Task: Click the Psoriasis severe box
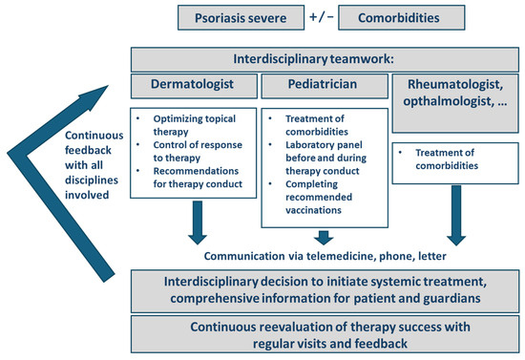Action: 241,18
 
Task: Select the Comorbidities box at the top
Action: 402,18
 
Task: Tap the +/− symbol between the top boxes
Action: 322,17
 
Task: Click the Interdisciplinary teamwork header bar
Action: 325,59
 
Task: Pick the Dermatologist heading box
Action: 194,86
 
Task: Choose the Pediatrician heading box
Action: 325,86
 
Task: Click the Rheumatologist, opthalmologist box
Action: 455,103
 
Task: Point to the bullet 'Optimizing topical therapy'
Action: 194,125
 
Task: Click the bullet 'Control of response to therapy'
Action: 198,151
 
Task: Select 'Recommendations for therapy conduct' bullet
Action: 198,178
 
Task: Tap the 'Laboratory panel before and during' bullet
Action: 325,158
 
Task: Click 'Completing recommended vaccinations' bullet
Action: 319,197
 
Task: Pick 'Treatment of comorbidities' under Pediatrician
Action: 316,125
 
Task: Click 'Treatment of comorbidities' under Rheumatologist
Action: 447,159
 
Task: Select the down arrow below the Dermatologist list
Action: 198,222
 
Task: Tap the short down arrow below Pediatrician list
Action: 324,238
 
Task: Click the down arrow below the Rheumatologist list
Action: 456,216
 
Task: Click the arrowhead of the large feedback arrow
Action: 94,97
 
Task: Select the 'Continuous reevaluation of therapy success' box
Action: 325,334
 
